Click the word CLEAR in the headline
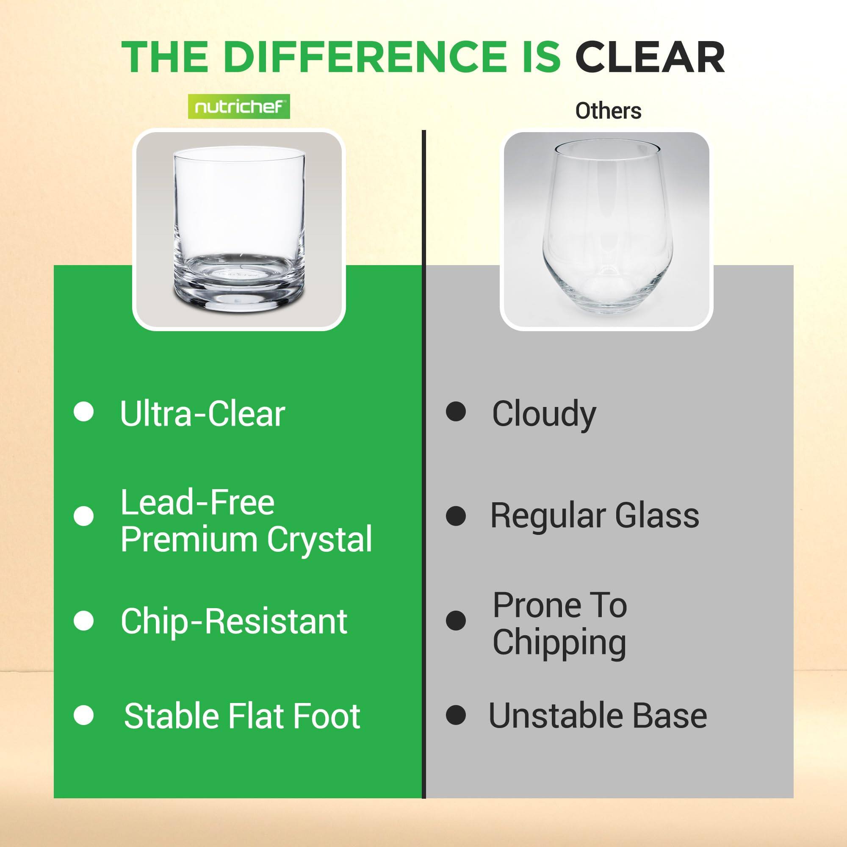click(650, 58)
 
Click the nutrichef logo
click(239, 107)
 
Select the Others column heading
click(608, 111)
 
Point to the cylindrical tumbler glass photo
click(239, 228)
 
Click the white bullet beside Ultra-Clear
click(84, 412)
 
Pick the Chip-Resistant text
click(234, 621)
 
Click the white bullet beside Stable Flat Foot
click(84, 716)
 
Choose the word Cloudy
click(544, 414)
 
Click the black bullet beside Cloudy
click(456, 412)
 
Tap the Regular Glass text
click(595, 515)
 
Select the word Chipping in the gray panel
click(559, 643)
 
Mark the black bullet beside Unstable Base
click(456, 716)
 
